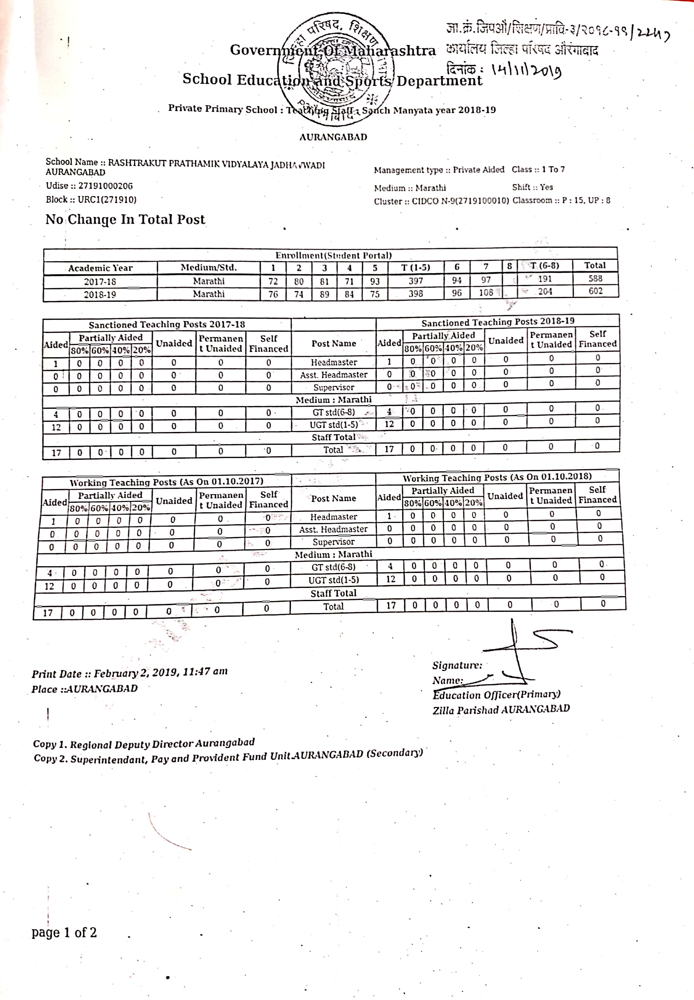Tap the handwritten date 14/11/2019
(526, 70)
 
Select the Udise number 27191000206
(105, 186)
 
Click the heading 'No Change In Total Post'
(125, 219)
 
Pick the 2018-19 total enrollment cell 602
(595, 291)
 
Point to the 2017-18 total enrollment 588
(595, 278)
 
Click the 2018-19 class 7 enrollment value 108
(486, 293)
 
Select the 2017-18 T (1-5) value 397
(415, 281)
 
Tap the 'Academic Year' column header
(101, 268)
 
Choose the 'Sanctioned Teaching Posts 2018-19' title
(498, 322)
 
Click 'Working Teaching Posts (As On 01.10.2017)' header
(166, 482)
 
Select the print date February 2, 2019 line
(130, 673)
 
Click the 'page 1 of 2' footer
(64, 932)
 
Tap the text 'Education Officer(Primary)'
(496, 695)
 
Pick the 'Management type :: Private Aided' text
(439, 170)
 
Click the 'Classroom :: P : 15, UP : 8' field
(561, 200)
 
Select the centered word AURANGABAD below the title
(333, 137)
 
